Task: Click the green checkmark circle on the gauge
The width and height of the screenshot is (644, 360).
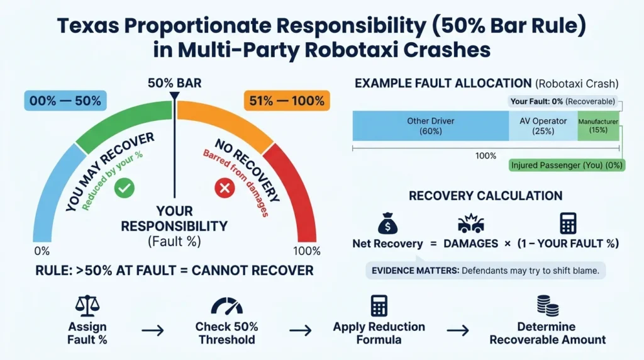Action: pos(125,188)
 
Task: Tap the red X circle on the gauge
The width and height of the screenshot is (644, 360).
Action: pos(225,188)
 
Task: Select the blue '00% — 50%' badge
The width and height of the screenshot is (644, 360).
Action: pos(65,101)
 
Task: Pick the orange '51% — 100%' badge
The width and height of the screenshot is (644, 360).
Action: pos(287,101)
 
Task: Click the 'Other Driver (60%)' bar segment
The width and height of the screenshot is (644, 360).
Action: pos(430,126)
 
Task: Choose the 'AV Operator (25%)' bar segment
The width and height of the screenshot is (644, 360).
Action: pos(543,126)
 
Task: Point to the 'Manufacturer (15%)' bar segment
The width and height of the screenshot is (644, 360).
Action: pos(598,126)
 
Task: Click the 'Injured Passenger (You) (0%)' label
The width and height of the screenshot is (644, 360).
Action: pos(567,165)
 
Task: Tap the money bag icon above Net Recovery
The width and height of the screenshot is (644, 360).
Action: pos(387,223)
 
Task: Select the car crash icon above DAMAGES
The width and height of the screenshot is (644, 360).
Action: pos(470,223)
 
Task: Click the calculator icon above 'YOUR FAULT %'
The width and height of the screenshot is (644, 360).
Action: pos(568,223)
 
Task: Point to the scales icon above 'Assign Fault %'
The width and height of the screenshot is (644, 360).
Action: pos(87,306)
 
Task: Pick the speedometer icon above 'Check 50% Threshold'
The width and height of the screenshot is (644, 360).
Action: pos(226,306)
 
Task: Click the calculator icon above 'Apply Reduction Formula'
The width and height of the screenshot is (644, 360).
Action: pos(379,306)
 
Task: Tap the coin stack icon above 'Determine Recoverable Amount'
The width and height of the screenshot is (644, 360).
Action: pos(548,306)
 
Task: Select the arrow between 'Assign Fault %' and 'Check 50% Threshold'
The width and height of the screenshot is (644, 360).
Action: pos(153,330)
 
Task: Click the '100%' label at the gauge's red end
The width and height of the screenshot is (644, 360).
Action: pos(306,250)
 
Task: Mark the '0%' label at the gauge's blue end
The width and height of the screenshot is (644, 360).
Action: pos(42,250)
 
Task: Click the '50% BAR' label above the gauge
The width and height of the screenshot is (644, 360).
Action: pos(175,83)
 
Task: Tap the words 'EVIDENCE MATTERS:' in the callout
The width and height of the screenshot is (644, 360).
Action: pos(415,271)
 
